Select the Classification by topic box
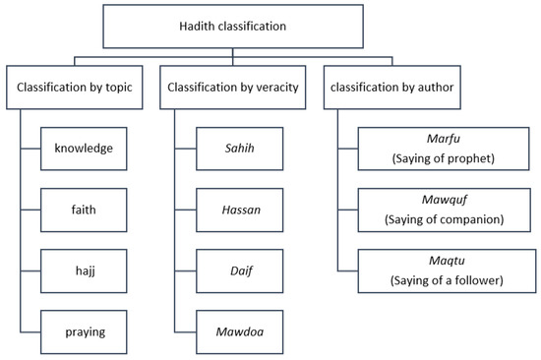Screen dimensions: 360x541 pos(77,88)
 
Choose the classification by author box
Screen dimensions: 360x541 pos(393,88)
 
